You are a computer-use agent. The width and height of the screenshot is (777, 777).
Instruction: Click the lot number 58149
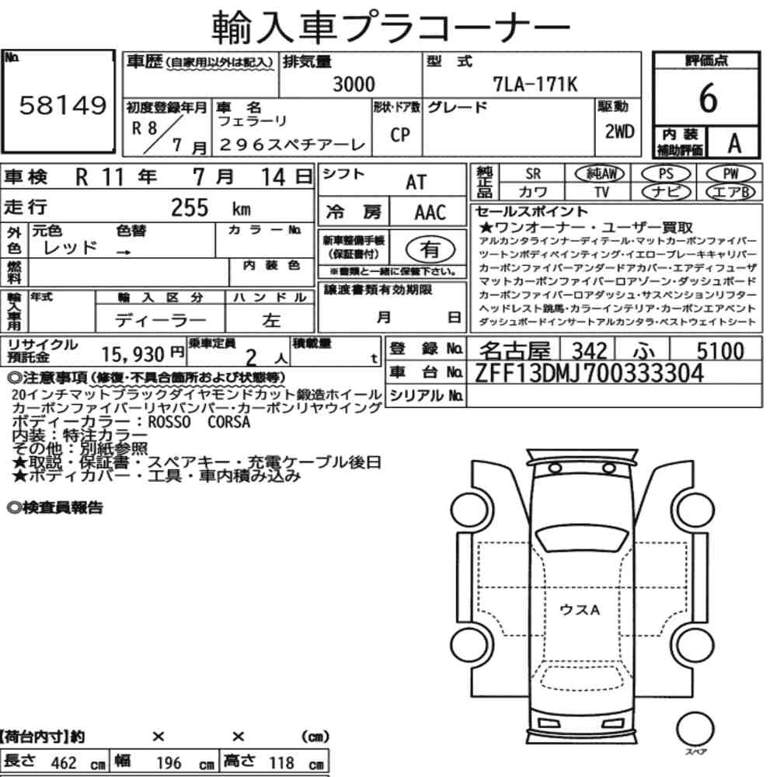(x=62, y=105)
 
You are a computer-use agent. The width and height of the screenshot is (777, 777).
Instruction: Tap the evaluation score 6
(x=708, y=98)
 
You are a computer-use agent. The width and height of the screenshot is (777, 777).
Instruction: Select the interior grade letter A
(x=734, y=143)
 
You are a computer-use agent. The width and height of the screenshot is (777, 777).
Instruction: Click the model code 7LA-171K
(x=535, y=84)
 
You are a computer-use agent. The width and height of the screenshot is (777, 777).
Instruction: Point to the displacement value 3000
(x=354, y=84)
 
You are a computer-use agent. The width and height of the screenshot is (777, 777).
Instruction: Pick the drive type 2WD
(x=619, y=131)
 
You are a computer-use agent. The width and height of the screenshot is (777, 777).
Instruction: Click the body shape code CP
(x=400, y=134)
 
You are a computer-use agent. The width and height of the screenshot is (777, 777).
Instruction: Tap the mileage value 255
(x=190, y=207)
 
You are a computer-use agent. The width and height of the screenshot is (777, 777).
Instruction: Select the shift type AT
(x=416, y=182)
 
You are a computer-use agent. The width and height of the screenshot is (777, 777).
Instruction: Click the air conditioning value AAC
(x=430, y=212)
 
